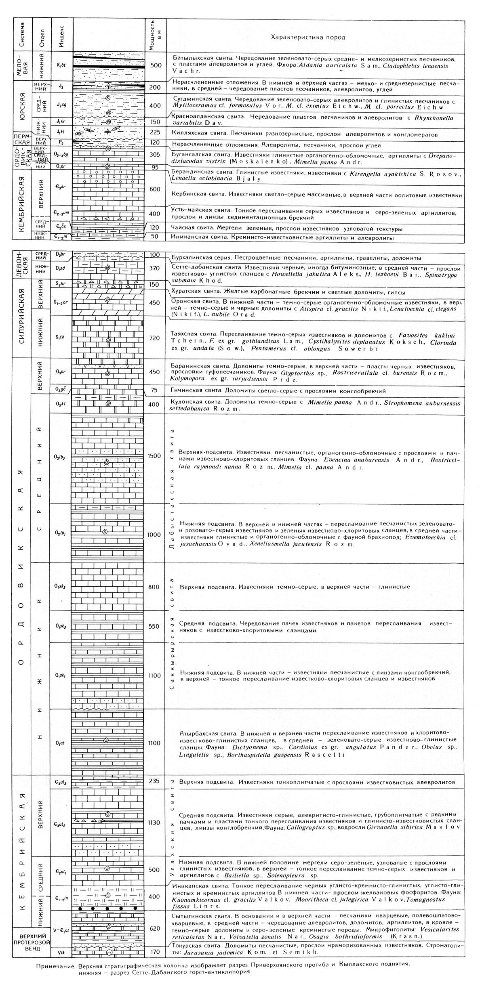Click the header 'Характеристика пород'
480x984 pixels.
pyautogui.click(x=308, y=38)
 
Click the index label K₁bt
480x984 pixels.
pyautogui.click(x=61, y=65)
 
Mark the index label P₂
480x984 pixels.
pyautogui.click(x=61, y=143)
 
